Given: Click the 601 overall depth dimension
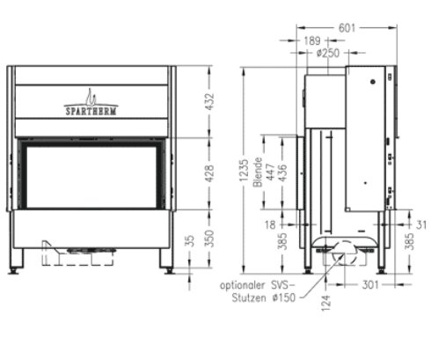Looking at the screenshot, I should pyautogui.click(x=349, y=27).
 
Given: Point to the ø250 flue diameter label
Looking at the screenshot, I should pyautogui.click(x=329, y=54).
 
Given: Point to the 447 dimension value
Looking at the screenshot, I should pyautogui.click(x=270, y=173).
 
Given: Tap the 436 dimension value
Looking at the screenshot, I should pyautogui.click(x=281, y=173).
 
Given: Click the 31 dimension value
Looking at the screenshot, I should pyautogui.click(x=420, y=225).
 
